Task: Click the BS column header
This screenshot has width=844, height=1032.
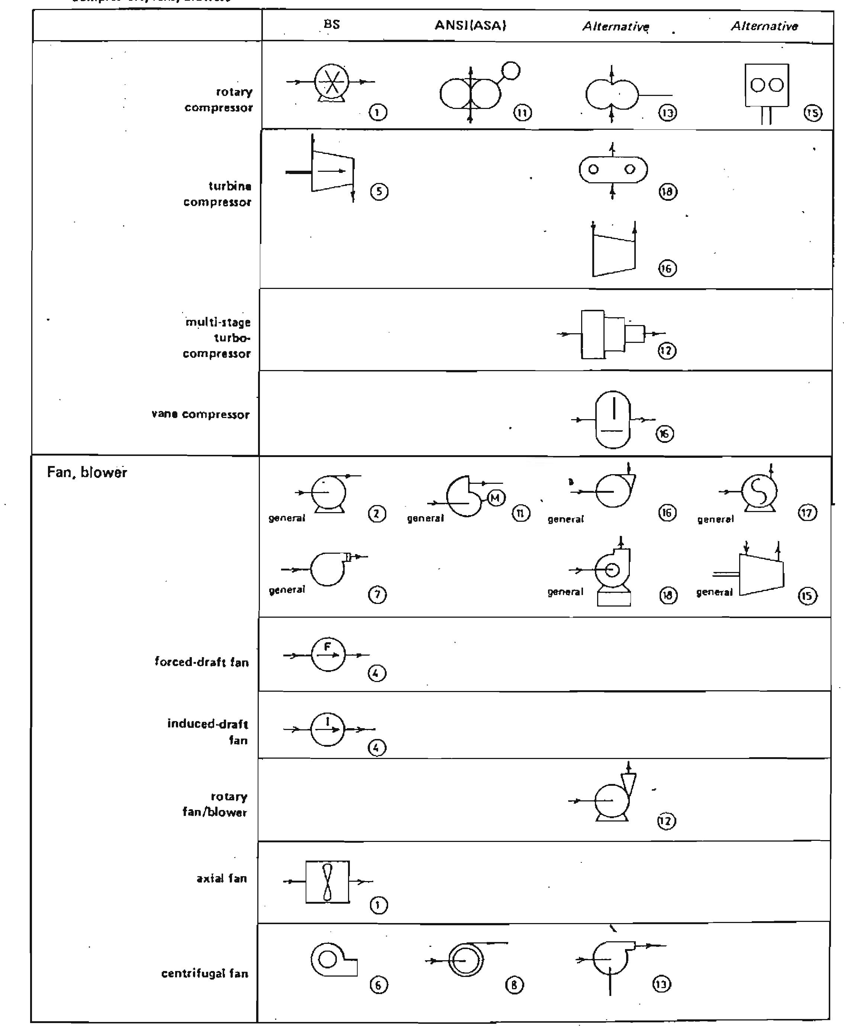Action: click(332, 24)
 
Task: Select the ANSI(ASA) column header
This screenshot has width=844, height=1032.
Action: click(470, 25)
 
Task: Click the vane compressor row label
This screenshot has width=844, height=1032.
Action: click(200, 414)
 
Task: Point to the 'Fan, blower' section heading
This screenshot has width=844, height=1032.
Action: click(87, 472)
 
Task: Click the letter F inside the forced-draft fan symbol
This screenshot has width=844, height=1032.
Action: click(327, 647)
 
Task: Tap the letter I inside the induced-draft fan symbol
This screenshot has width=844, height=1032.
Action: click(328, 721)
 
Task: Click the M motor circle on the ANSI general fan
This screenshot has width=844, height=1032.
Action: click(495, 498)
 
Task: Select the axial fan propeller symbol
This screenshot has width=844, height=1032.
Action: click(328, 882)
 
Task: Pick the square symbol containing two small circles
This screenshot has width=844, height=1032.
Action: click(767, 85)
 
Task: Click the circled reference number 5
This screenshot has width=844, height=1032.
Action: click(379, 192)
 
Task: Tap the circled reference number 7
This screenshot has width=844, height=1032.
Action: click(378, 595)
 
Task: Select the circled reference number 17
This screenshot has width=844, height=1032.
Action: click(808, 512)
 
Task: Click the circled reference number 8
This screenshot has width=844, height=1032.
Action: click(514, 985)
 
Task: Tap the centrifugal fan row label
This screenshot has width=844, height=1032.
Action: click(205, 973)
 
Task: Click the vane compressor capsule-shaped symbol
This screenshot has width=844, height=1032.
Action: click(613, 419)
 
